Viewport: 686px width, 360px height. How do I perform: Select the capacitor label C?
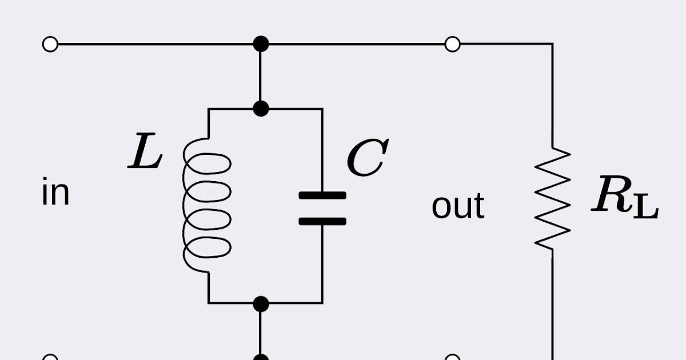click(x=367, y=158)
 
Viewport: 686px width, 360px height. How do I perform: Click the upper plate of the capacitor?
click(x=322, y=195)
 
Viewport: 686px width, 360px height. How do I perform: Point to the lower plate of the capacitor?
click(x=322, y=221)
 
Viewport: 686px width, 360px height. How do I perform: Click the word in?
click(x=55, y=193)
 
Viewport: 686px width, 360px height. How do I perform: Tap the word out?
click(x=457, y=206)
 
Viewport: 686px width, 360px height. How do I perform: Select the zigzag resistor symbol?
click(x=552, y=199)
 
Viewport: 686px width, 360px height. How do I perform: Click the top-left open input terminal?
click(x=50, y=44)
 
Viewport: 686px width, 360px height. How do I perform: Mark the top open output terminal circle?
click(x=452, y=44)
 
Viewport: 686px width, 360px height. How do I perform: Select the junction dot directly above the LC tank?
click(x=261, y=108)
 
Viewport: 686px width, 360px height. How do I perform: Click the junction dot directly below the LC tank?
click(x=261, y=303)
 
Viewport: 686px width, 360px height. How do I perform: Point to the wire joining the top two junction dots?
click(x=261, y=76)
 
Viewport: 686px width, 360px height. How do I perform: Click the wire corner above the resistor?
click(x=552, y=45)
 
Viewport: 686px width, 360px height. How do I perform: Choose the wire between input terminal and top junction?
click(x=154, y=44)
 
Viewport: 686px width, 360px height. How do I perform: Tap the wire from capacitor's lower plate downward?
click(x=322, y=263)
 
